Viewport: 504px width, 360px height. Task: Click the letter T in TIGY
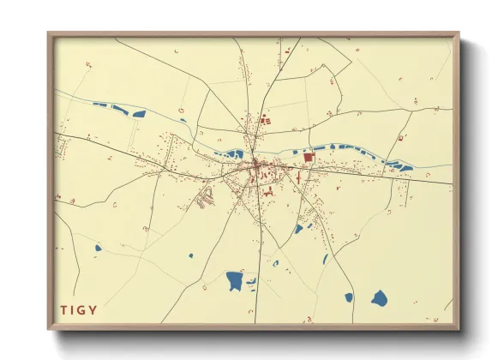[63, 309]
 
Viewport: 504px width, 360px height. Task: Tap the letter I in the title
[74, 309]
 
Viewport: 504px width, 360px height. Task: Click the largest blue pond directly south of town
[234, 280]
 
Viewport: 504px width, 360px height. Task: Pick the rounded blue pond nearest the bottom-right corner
[379, 297]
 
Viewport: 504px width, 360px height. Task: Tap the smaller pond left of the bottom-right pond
[349, 297]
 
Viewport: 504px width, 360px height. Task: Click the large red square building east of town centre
[309, 158]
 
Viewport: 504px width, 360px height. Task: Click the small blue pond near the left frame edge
[98, 249]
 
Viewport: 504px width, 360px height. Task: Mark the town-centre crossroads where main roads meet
[255, 163]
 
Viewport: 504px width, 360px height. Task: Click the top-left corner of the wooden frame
[49, 34]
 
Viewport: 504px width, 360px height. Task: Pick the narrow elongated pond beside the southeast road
[326, 259]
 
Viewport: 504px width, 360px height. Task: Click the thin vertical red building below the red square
[298, 178]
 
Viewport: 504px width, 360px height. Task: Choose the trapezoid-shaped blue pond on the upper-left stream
[140, 113]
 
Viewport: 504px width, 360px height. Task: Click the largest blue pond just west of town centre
[231, 155]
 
